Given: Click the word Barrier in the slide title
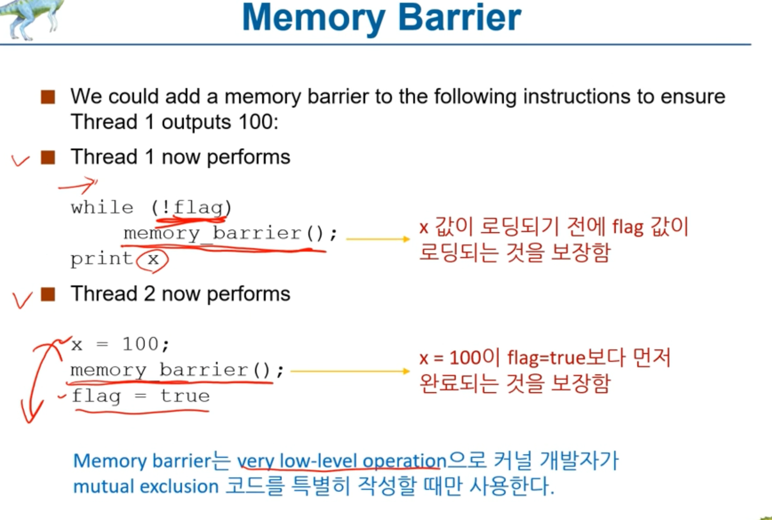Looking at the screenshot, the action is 459,17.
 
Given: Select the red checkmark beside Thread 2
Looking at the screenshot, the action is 22,300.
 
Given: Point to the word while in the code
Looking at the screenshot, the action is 102,207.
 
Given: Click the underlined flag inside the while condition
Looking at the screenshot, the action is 198,207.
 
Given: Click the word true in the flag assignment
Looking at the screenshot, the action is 185,396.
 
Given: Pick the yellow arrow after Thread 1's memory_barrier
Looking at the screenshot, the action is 378,239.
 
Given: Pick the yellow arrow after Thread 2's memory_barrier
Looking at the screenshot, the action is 350,371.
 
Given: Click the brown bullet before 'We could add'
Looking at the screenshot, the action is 48,97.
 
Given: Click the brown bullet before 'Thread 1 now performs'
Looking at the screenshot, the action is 48,157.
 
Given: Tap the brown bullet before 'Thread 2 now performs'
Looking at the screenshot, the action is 48,294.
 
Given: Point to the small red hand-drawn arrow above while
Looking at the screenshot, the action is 78,185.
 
